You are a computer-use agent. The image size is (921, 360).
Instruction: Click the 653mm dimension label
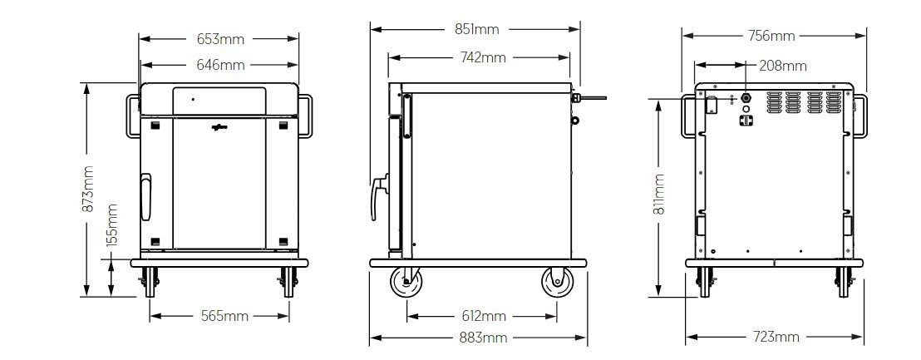220,39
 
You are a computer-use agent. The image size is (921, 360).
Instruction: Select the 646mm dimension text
220,65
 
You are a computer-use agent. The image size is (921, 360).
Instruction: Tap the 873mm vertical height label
88,189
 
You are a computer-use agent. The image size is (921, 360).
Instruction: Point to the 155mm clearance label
112,224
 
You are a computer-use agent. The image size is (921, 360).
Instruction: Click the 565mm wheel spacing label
224,316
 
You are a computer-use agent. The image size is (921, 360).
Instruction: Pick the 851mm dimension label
477,29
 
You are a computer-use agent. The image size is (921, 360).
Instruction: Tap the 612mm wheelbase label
484,316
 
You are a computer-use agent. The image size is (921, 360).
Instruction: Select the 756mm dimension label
771,36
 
